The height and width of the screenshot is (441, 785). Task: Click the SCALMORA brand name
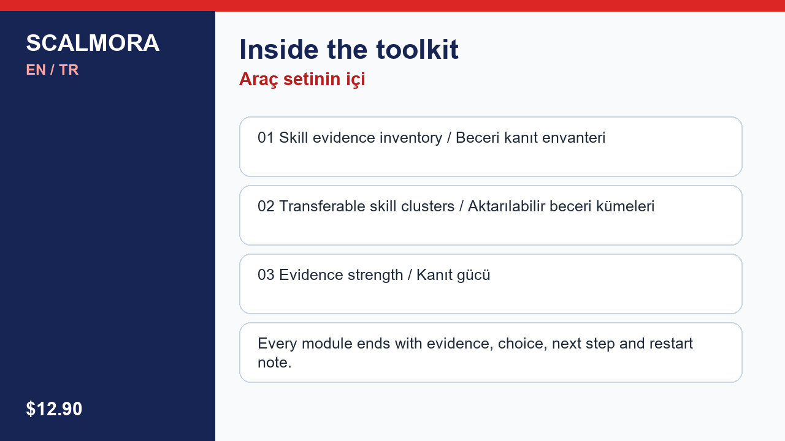(x=93, y=43)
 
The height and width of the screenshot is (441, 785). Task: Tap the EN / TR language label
(x=52, y=70)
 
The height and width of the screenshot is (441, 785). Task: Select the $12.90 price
(x=54, y=409)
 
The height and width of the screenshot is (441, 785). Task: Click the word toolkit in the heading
(x=418, y=50)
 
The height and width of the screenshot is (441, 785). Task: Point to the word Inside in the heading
(x=279, y=50)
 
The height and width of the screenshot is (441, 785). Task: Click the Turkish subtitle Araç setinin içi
(x=302, y=80)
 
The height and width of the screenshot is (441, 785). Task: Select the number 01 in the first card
(x=266, y=138)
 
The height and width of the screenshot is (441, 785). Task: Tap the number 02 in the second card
(x=266, y=206)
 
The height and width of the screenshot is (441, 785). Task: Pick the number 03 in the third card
(x=266, y=275)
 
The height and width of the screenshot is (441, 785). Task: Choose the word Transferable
(x=322, y=206)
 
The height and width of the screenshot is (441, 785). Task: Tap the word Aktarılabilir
(x=507, y=206)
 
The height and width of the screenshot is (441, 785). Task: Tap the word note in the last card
(x=273, y=363)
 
